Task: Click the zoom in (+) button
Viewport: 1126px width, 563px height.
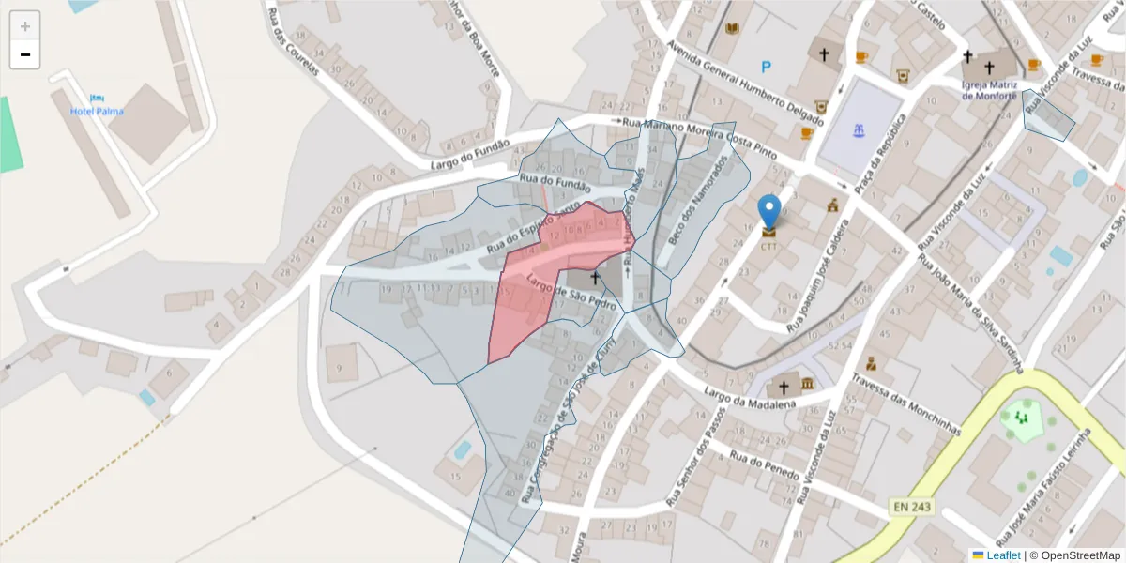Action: click(25, 26)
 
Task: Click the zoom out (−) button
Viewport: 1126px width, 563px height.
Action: click(25, 54)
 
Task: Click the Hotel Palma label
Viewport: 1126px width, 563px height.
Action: click(97, 111)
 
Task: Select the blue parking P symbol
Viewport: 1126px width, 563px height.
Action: click(767, 67)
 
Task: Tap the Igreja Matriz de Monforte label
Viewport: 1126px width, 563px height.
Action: click(989, 89)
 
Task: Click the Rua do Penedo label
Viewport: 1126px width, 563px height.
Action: click(764, 465)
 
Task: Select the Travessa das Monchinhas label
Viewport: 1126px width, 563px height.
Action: click(906, 405)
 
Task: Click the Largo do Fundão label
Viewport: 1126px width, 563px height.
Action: click(470, 154)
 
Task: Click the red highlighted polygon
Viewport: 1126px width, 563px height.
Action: click(540, 281)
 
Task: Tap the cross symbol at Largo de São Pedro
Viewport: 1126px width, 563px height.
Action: click(594, 278)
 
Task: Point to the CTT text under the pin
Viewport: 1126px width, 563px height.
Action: click(769, 248)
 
